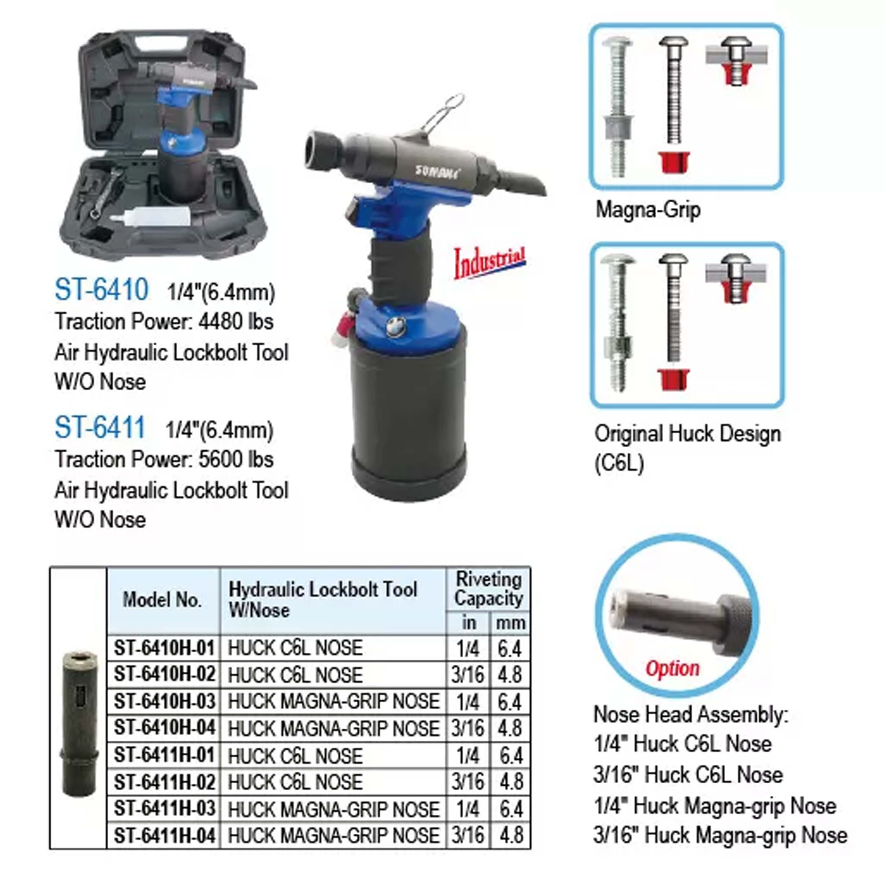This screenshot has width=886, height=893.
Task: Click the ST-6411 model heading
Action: point(100,428)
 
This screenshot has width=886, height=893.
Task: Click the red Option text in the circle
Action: point(672,668)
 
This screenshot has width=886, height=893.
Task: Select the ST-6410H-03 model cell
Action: point(164,702)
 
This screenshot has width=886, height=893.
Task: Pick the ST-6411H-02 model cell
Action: point(164,782)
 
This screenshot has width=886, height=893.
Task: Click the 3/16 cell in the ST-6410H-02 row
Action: point(468,675)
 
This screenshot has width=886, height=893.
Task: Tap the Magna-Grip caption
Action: point(648,210)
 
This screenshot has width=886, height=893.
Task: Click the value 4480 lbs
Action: point(236,322)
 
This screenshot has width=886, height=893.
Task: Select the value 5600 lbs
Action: point(236,460)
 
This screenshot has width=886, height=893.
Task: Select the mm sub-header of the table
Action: point(510,623)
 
